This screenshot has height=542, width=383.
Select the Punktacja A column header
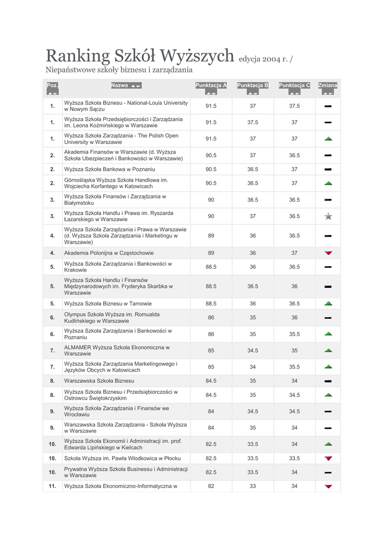pos(211,85)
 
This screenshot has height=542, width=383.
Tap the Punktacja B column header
pos(253,85)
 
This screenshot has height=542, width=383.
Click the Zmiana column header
pos(328,85)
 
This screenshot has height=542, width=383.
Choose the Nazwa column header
pos(120,85)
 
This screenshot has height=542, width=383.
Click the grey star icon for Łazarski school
pos(328,216)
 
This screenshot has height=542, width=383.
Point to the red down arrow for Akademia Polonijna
pos(328,253)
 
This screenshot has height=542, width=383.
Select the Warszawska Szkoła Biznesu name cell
pos(99,381)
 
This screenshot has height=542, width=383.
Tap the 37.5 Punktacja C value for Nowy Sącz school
pos(294,106)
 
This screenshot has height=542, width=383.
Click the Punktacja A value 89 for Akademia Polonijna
pos(211,253)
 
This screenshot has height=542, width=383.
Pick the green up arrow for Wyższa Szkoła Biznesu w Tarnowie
pos(328,304)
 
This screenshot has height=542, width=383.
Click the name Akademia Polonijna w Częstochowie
pos(109,253)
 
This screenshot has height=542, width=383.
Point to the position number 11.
pos(52,486)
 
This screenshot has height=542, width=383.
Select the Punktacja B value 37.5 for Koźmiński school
pos(253,122)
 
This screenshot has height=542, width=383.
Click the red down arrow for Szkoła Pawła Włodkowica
pos(328,458)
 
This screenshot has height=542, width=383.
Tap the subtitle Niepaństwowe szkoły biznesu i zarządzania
pos(119,70)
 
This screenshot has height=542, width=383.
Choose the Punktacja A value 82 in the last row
pos(211,486)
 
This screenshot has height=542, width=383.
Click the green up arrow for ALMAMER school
pos(328,350)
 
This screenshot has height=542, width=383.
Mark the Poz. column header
pos(52,85)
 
